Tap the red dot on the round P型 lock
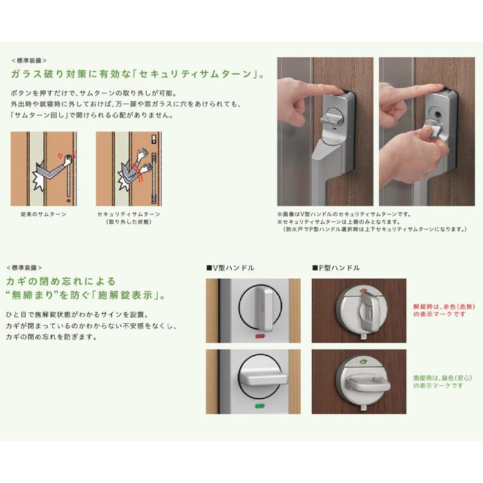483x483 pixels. tap(362, 290)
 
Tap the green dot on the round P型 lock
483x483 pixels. tap(362, 359)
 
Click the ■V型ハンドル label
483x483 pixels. tap(231, 268)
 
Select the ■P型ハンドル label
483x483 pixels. tap(336, 268)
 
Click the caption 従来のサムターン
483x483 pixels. tap(43, 214)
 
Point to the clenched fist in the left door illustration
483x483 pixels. tap(68, 160)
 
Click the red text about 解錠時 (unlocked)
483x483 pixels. tap(444, 310)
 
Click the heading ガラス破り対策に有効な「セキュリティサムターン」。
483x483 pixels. tap(138, 74)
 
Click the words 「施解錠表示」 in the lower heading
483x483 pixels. tap(129, 296)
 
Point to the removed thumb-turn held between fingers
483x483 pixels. tap(433, 128)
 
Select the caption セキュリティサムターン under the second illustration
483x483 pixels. tap(129, 214)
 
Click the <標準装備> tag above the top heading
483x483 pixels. tap(29, 61)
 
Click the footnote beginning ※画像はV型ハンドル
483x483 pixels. tap(344, 214)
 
